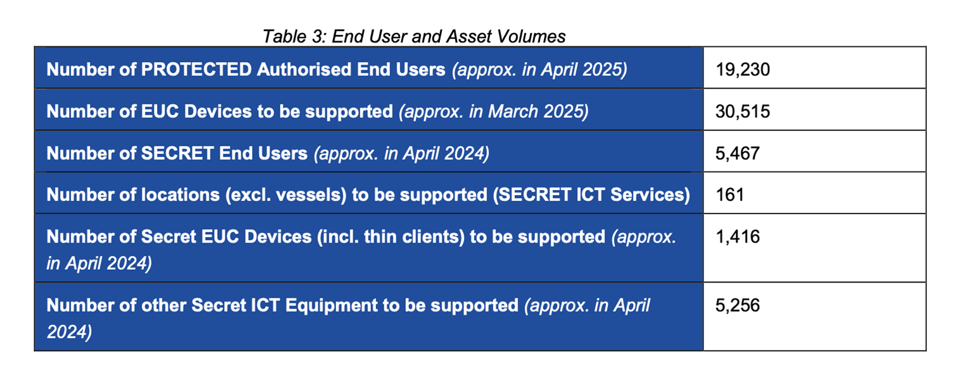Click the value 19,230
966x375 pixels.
click(x=742, y=70)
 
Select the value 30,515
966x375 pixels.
click(x=742, y=111)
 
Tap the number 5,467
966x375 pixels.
click(x=737, y=153)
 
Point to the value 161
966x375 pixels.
click(x=730, y=194)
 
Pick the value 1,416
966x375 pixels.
click(x=737, y=236)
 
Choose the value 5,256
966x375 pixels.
click(x=737, y=305)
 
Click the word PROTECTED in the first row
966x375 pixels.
click(x=196, y=70)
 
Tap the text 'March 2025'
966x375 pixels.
click(x=538, y=111)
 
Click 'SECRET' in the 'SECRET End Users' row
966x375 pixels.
click(x=177, y=153)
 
